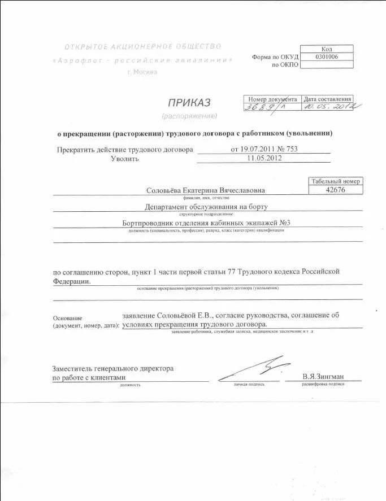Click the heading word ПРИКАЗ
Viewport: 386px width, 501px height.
[189, 102]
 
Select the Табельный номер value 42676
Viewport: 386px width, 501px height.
[336, 190]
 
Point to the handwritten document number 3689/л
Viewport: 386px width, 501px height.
[263, 107]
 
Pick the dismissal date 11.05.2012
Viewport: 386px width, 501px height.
[264, 158]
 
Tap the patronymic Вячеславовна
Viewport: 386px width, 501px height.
[239, 191]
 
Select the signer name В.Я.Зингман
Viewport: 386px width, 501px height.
[323, 377]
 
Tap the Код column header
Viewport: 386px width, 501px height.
[326, 49]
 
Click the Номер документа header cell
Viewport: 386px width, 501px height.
[272, 99]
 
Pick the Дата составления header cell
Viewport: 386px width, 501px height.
[328, 99]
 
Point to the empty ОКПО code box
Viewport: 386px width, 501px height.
[326, 65]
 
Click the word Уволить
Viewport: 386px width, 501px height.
[125, 159]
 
